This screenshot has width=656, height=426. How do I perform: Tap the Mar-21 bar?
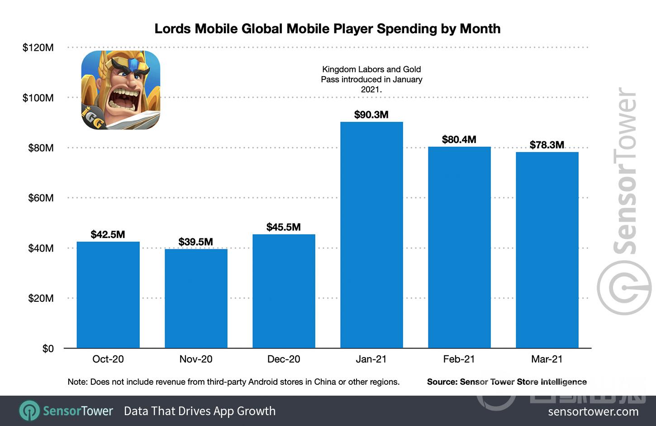click(x=547, y=250)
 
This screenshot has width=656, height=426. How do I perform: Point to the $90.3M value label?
click(x=371, y=115)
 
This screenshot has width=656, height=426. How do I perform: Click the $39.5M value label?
click(x=196, y=242)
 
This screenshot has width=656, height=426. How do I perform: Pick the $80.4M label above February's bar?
click(x=459, y=140)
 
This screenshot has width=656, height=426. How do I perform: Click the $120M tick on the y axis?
click(x=38, y=48)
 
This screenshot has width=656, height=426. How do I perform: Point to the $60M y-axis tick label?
click(x=41, y=198)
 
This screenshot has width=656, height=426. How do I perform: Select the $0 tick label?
click(x=48, y=349)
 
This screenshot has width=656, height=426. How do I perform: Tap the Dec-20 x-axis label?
click(x=284, y=359)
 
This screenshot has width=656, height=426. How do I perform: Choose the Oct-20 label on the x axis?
click(x=108, y=359)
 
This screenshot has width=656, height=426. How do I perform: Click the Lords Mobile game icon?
click(x=120, y=90)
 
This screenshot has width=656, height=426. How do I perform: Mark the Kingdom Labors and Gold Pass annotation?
click(x=371, y=79)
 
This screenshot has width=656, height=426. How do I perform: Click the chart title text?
click(x=328, y=29)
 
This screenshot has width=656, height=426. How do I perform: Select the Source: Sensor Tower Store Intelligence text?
click(x=507, y=382)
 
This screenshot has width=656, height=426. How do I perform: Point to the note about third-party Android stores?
click(x=233, y=382)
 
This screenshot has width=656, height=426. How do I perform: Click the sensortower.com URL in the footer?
click(x=593, y=411)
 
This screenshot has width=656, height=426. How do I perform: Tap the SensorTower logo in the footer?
click(x=66, y=411)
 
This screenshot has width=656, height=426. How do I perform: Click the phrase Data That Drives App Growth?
click(x=200, y=411)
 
